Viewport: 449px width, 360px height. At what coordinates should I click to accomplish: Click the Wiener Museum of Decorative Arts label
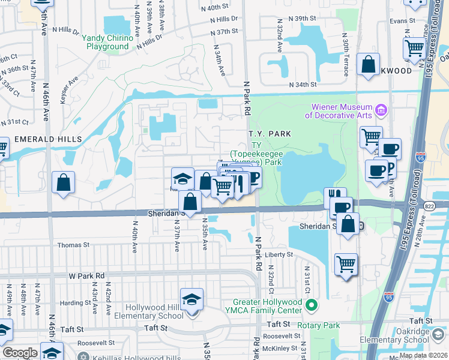[340, 110]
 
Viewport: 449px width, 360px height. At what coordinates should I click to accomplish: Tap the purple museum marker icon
[381, 110]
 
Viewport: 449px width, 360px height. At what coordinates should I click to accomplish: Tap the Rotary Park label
[322, 326]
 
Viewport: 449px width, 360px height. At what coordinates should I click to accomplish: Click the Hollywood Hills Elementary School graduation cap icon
[191, 299]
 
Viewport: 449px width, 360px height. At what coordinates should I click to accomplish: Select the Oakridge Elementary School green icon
[439, 334]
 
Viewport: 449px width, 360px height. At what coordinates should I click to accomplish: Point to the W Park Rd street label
[87, 276]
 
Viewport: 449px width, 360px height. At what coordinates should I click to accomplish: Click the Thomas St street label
[73, 245]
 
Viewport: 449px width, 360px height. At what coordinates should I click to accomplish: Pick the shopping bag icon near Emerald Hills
[62, 183]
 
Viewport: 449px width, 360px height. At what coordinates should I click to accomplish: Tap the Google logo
[20, 353]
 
